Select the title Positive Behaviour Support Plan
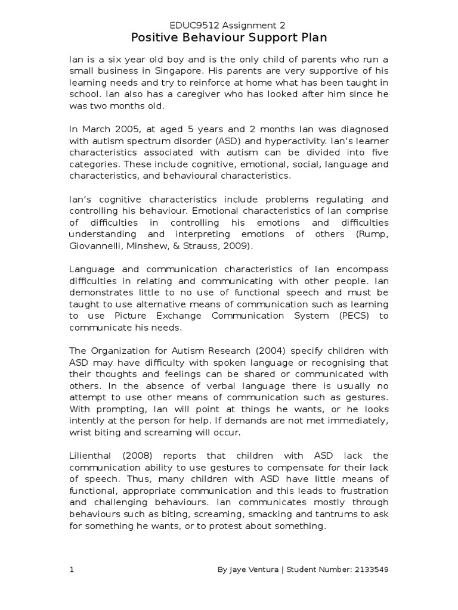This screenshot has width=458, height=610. (x=229, y=39)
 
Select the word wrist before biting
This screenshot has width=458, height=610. (x=81, y=432)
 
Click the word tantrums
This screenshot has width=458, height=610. (x=326, y=514)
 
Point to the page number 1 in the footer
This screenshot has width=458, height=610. (x=72, y=569)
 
